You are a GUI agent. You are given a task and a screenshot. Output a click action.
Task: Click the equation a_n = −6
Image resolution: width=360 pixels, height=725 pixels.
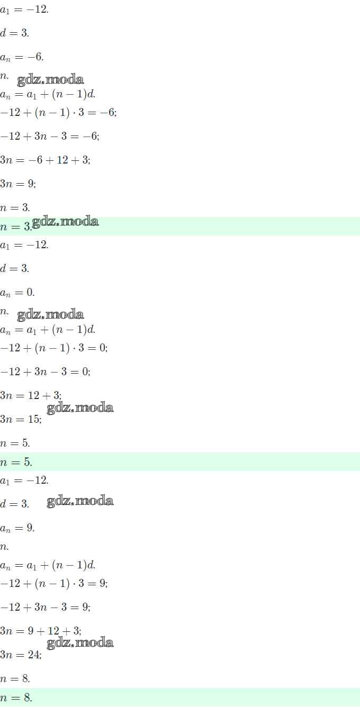(x=22, y=57)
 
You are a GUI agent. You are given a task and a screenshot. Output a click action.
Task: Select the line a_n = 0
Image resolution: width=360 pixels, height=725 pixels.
(x=17, y=293)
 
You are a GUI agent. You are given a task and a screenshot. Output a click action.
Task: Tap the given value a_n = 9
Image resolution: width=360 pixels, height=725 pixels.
(x=17, y=529)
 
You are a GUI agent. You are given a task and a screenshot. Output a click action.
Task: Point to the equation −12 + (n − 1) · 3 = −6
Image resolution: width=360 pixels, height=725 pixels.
(x=58, y=113)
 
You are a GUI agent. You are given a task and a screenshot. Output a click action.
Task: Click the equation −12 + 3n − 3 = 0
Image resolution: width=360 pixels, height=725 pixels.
(x=45, y=371)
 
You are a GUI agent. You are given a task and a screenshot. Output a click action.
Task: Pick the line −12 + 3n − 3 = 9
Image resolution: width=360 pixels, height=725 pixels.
(x=45, y=607)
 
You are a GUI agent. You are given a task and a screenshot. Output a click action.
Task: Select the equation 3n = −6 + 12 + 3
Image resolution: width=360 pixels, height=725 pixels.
(x=45, y=160)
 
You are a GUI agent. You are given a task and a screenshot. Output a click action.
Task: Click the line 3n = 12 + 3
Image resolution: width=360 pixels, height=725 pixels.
(x=31, y=395)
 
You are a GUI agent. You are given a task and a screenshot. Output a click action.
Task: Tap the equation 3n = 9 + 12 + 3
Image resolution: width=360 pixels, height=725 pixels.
(x=40, y=631)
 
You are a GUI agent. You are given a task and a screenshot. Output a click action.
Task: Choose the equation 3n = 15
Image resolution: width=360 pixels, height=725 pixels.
(x=21, y=420)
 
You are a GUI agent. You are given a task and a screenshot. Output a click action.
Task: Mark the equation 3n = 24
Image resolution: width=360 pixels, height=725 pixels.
(x=21, y=655)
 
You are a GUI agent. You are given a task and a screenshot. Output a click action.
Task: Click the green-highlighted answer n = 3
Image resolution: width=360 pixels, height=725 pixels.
(x=16, y=226)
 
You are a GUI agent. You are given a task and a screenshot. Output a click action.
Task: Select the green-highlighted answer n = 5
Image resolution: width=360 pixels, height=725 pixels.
(x=16, y=462)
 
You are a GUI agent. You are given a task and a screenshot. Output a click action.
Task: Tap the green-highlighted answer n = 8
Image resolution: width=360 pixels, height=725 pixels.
(x=16, y=697)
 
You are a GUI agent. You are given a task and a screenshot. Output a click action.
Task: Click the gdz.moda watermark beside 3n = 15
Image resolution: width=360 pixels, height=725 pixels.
(x=80, y=407)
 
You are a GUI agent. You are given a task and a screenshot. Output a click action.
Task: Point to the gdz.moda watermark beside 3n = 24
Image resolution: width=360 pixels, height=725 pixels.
(x=80, y=643)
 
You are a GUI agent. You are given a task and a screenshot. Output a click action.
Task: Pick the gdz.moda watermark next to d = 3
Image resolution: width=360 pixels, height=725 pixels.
(x=80, y=501)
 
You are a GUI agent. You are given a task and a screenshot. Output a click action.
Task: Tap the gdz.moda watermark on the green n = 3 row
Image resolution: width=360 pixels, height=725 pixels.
(x=65, y=221)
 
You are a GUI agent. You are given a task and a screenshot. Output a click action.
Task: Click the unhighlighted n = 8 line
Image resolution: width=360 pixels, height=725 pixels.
(x=15, y=679)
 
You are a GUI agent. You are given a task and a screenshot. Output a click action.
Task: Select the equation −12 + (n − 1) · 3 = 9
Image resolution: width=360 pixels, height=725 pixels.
(x=54, y=584)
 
